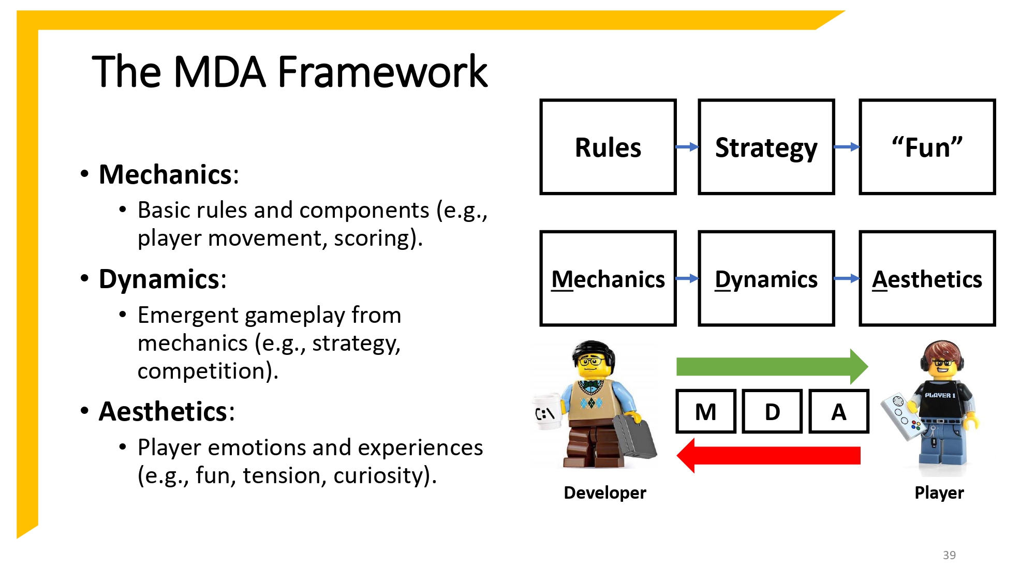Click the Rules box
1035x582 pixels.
click(x=608, y=147)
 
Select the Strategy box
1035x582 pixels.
click(x=766, y=147)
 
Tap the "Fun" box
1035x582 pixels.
click(x=927, y=147)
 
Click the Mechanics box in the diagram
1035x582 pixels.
click(x=608, y=278)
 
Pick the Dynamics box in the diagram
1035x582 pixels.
click(x=766, y=278)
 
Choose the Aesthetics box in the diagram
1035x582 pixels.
click(x=927, y=278)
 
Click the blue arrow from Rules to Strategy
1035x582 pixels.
click(x=687, y=147)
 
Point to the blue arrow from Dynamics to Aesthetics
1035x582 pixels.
click(x=847, y=278)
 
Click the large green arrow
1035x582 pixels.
click(x=771, y=366)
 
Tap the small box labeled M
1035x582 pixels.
click(x=706, y=411)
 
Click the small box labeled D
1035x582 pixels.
click(x=772, y=411)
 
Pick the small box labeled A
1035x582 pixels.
click(x=838, y=411)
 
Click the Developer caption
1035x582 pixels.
click(x=604, y=493)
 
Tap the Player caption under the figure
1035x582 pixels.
click(x=939, y=493)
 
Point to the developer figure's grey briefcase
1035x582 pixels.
click(x=635, y=437)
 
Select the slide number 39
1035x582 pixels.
click(x=949, y=555)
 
